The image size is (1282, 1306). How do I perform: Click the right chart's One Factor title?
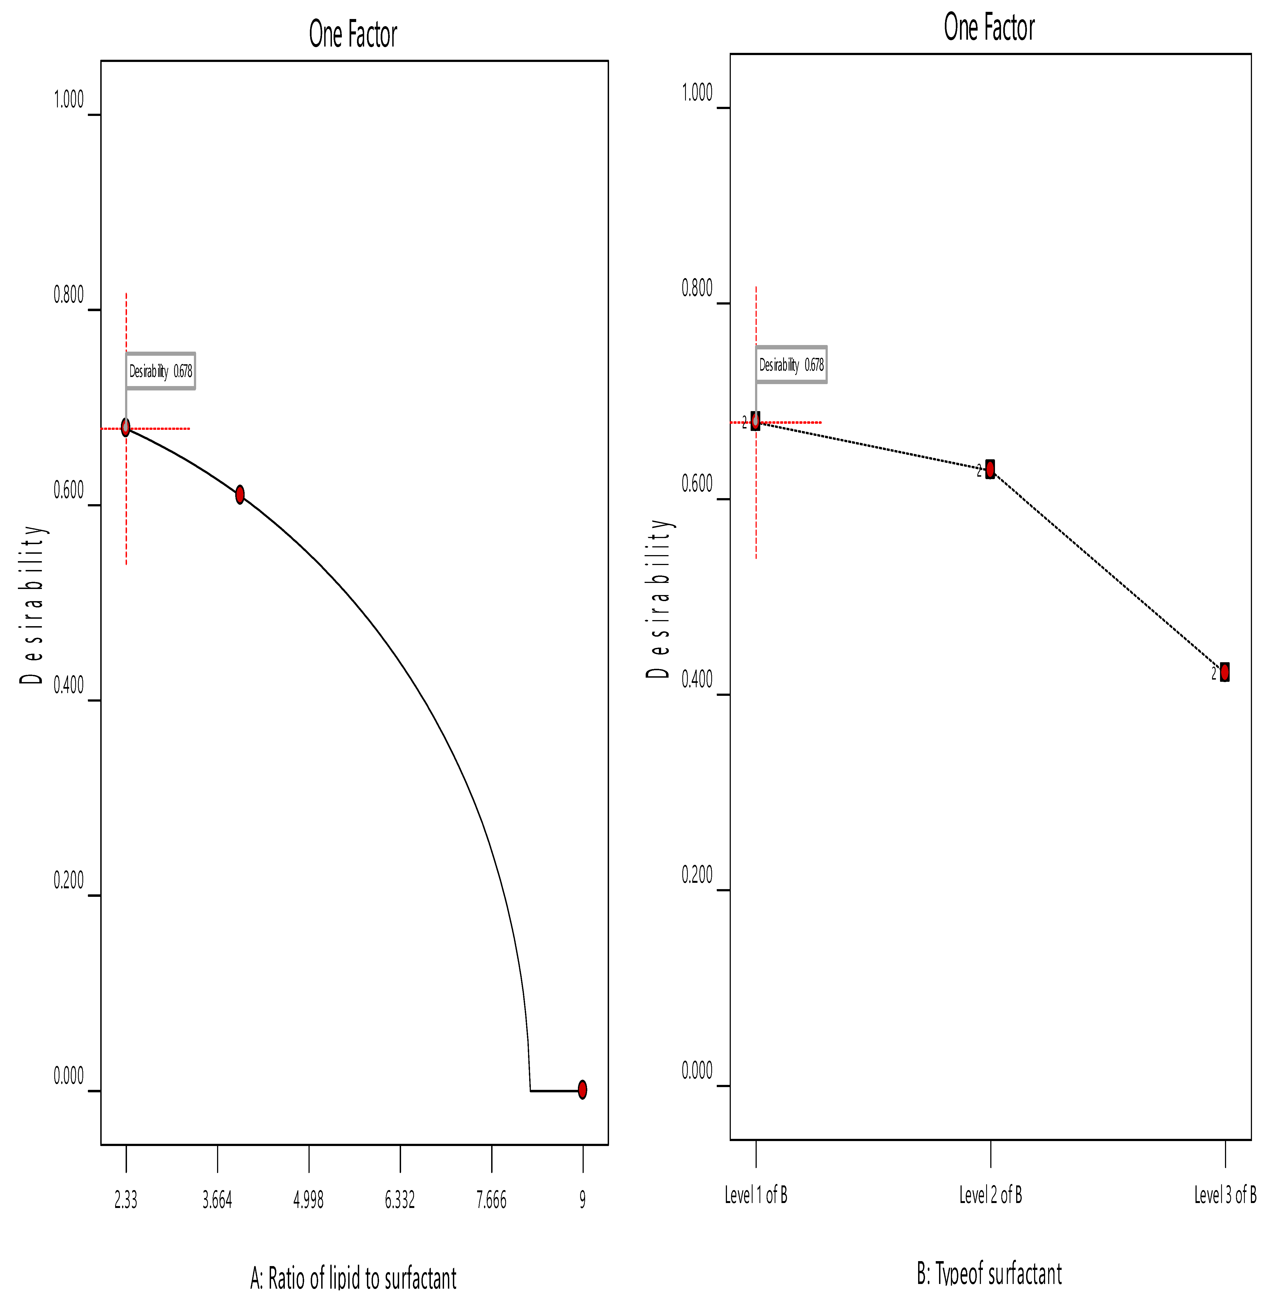point(989,28)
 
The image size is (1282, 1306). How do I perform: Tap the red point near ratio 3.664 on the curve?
point(240,495)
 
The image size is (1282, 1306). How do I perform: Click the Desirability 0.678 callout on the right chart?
point(791,365)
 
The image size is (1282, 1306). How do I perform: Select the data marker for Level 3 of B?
point(1225,672)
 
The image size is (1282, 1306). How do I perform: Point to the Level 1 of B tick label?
point(756,1195)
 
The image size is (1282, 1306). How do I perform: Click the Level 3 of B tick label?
point(1225,1195)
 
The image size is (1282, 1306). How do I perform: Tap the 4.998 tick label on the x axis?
point(309,1200)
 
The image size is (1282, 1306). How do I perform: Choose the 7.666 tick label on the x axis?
point(491,1200)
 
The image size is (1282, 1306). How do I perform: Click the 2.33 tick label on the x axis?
point(126,1200)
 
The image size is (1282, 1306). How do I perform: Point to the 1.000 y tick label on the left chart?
point(69,100)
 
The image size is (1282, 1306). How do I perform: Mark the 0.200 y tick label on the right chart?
point(697,875)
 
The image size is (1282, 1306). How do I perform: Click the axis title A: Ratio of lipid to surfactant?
point(353,1278)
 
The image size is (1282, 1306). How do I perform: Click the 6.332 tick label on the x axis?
point(400,1200)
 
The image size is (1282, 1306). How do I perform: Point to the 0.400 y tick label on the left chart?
point(69,685)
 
